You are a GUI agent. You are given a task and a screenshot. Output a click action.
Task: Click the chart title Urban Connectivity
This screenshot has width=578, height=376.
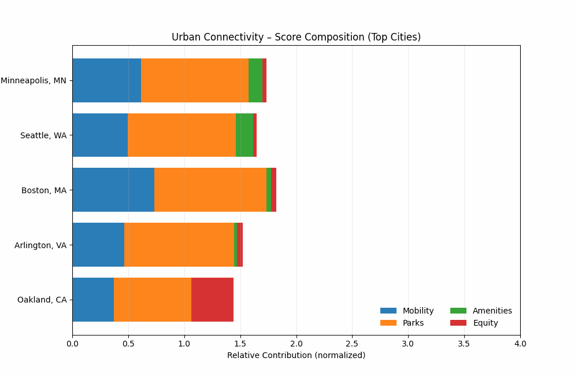pos(296,37)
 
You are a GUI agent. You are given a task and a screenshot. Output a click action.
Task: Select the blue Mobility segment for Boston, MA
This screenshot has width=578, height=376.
pos(113,190)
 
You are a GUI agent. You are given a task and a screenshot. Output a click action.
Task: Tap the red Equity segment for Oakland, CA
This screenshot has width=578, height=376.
pos(212,300)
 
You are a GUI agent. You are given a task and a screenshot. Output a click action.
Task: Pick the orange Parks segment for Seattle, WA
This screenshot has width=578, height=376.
pos(181,135)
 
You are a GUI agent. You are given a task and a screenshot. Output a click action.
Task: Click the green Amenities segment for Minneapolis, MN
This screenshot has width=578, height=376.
pos(255,80)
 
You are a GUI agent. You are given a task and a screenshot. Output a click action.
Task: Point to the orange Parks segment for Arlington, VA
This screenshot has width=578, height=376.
pos(179,245)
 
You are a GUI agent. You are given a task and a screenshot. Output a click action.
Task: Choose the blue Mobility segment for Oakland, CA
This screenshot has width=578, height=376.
pos(93,300)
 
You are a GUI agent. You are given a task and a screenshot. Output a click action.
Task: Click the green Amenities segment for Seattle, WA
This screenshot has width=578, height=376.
pos(244,135)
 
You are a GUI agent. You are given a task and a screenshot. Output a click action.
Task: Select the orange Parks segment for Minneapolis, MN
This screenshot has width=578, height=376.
pos(195,80)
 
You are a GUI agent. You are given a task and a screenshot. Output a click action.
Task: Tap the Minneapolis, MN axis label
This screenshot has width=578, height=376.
pos(34,80)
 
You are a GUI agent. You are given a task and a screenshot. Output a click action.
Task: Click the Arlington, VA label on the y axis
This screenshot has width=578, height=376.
pos(40,245)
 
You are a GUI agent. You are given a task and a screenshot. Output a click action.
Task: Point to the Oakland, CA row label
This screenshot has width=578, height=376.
pos(42,300)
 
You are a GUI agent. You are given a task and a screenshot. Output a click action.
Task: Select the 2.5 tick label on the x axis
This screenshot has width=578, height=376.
pos(352,344)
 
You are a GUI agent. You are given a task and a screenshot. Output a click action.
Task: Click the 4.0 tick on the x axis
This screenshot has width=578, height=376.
pos(520,344)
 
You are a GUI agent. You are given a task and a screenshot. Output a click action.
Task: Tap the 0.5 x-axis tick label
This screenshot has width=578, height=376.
pos(128,344)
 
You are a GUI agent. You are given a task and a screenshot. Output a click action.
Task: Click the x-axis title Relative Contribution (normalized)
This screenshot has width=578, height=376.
pos(296,355)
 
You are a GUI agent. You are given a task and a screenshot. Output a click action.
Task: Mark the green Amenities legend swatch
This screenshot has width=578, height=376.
pos(458,311)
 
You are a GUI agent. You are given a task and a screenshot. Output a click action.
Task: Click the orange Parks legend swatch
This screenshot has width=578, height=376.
pos(388,323)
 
